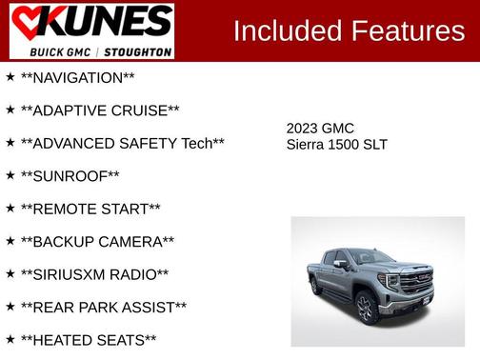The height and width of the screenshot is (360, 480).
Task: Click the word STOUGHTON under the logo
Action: (137, 50)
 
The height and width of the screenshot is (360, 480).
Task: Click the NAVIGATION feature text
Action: (77, 77)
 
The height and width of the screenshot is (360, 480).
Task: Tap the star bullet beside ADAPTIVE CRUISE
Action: (10, 110)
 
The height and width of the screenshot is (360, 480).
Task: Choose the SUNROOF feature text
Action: (70, 175)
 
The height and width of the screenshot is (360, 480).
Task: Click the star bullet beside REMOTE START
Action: (10, 208)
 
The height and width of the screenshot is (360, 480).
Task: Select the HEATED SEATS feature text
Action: (89, 340)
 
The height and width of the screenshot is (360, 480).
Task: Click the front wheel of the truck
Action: (365, 308)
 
